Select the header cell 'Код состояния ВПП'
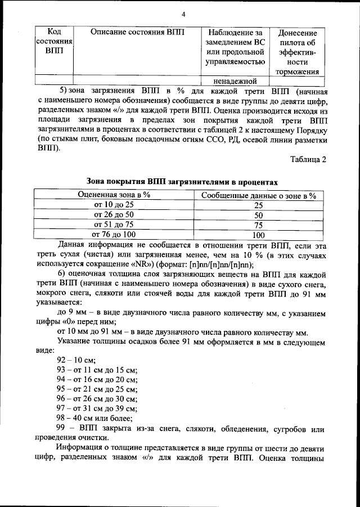54,42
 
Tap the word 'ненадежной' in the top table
235,80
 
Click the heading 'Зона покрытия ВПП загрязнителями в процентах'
182,182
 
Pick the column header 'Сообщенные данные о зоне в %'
258,195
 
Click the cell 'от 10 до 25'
114,205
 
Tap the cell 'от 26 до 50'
114,215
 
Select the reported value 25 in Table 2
258,205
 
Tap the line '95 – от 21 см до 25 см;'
97,389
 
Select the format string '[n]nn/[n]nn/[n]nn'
218,265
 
